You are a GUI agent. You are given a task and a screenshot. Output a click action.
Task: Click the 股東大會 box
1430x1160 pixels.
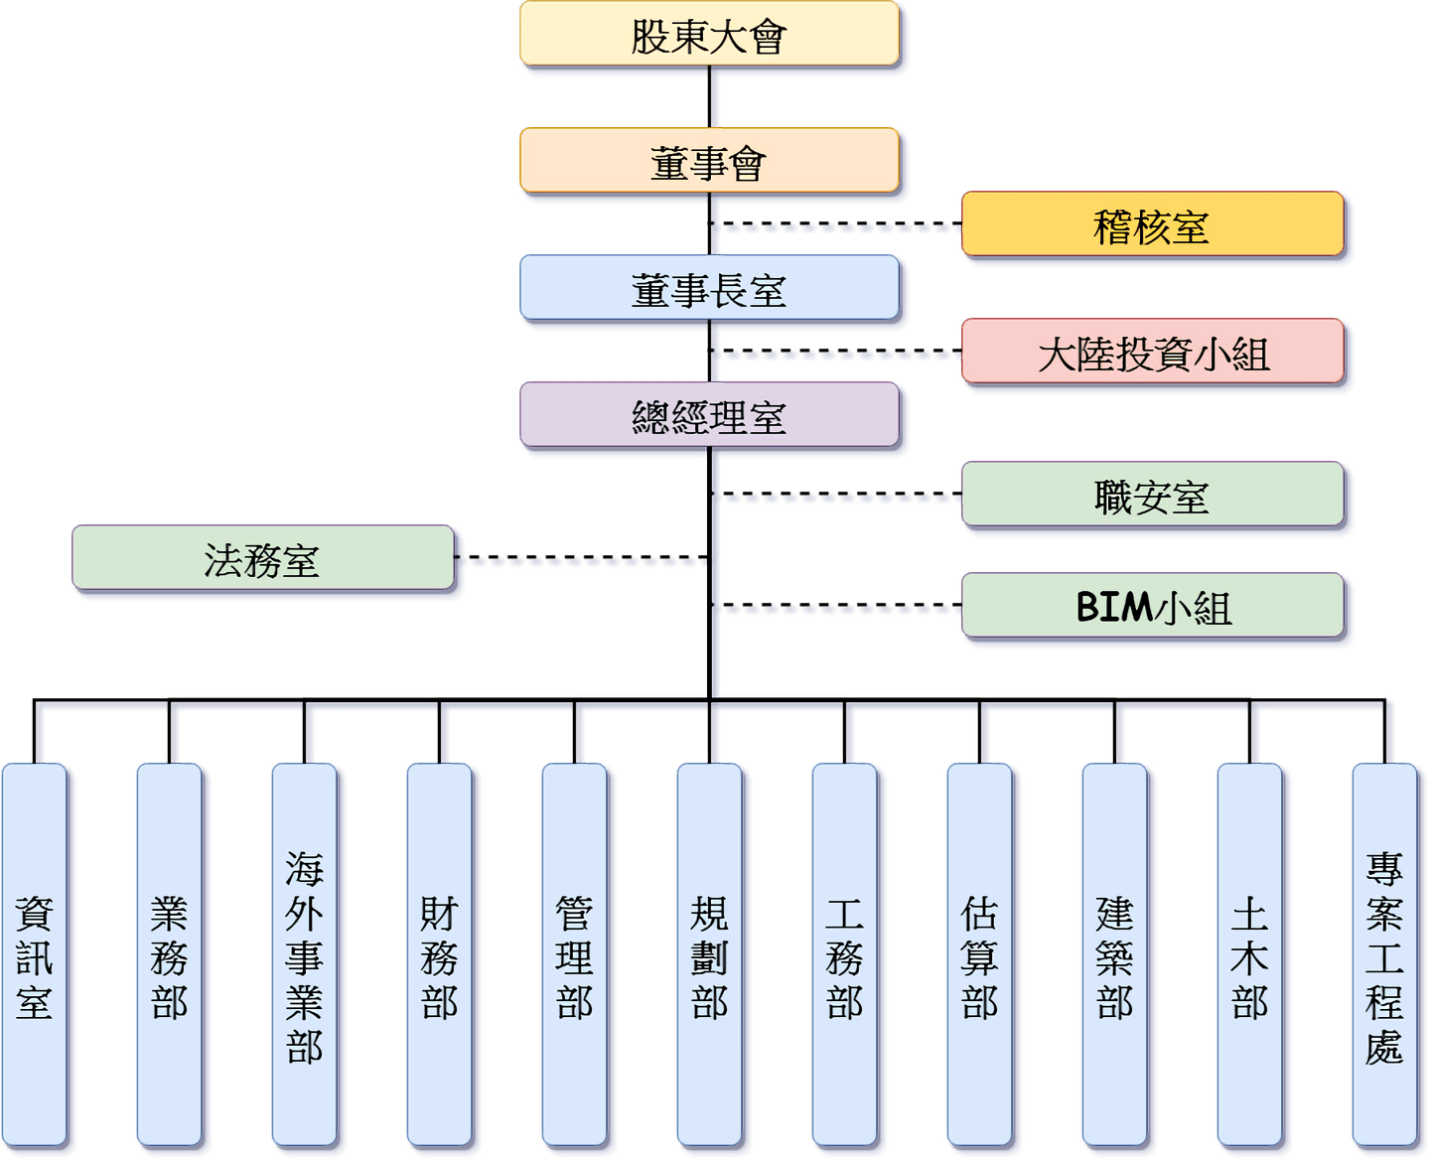coord(709,36)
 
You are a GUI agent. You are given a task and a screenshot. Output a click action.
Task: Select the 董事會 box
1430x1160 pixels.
coord(709,161)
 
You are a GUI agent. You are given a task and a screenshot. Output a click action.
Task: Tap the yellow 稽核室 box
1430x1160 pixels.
coord(1152,225)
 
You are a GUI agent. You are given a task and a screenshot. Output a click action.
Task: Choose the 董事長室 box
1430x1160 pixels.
coord(709,289)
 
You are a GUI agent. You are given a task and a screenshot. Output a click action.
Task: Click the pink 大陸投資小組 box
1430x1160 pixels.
coord(1152,353)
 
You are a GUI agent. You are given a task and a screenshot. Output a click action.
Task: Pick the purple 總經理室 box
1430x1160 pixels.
coord(709,416)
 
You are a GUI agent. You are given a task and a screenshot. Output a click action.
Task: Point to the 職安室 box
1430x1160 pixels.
coord(1152,496)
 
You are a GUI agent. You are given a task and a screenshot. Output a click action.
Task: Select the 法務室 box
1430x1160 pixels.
coord(262,559)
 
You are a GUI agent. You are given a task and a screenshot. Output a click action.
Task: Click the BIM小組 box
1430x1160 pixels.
coord(1152,607)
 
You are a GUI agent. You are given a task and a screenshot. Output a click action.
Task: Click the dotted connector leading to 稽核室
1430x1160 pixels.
coord(839,227)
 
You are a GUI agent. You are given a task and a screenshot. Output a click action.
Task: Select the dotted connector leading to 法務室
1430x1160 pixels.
coord(586,561)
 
